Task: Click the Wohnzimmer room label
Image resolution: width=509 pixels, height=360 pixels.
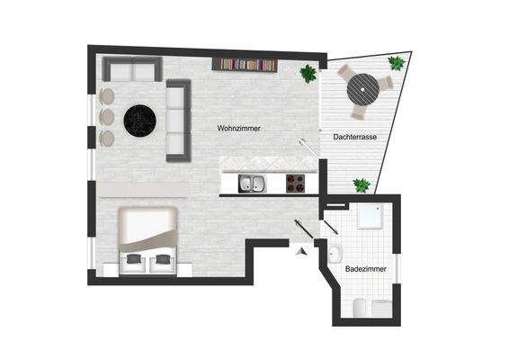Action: click(239, 129)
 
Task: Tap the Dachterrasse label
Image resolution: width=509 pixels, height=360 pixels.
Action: click(354, 138)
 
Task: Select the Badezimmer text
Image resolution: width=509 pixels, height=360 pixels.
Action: click(365, 269)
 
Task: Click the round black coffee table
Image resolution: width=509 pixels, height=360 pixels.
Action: click(140, 118)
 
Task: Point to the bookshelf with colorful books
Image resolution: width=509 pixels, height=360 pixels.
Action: click(245, 64)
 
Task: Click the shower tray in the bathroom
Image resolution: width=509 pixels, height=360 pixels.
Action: click(371, 220)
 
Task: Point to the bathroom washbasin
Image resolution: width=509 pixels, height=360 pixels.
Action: click(335, 253)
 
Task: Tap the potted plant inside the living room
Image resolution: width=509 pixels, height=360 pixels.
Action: click(308, 74)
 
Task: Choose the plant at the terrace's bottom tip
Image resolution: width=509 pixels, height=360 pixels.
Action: click(362, 185)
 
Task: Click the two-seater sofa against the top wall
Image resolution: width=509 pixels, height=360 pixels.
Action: click(131, 68)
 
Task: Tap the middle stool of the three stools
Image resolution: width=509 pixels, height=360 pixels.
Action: click(107, 117)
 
